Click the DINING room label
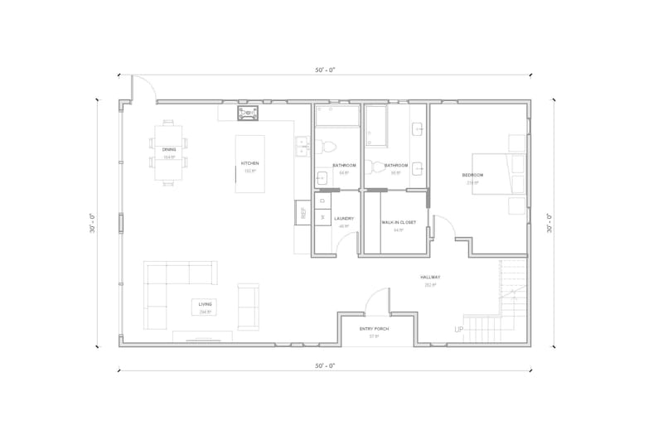169,149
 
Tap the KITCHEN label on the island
250,163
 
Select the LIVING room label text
205,304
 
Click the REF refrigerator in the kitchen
303,213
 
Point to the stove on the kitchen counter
249,112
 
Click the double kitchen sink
301,148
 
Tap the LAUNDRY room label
344,219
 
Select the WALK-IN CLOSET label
399,222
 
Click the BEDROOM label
472,175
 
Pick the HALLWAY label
430,277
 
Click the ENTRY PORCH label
374,329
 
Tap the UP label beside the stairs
458,330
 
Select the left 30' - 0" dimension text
93,223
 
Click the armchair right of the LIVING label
248,306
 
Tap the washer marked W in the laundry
322,217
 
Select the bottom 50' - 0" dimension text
324,365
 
